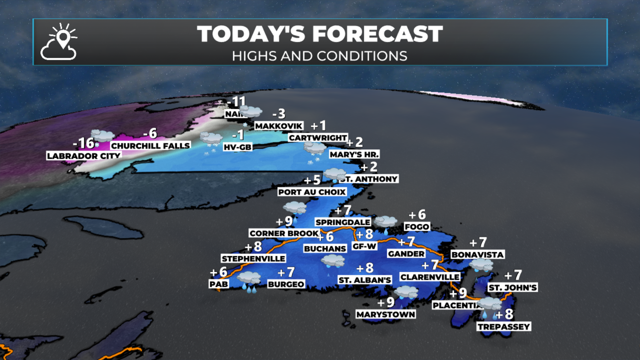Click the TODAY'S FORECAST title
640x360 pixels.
[320, 34]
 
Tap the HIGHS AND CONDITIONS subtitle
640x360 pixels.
[320, 56]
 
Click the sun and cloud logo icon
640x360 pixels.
[59, 42]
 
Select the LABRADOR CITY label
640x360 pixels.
[83, 156]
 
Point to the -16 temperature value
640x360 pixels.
[83, 143]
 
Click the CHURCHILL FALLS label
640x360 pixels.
[150, 146]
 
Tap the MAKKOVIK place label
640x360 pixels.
[279, 126]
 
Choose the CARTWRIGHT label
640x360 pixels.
[318, 138]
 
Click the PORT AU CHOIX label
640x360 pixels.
[312, 192]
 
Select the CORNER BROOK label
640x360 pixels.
[284, 233]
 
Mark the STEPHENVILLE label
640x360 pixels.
[253, 259]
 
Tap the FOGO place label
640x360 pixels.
[417, 227]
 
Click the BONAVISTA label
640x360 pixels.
[477, 255]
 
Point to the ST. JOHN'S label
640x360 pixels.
[513, 288]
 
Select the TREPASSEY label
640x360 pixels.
[504, 327]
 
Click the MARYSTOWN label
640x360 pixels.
[386, 314]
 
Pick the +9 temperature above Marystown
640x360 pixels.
[386, 303]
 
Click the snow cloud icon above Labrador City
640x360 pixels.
[102, 136]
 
